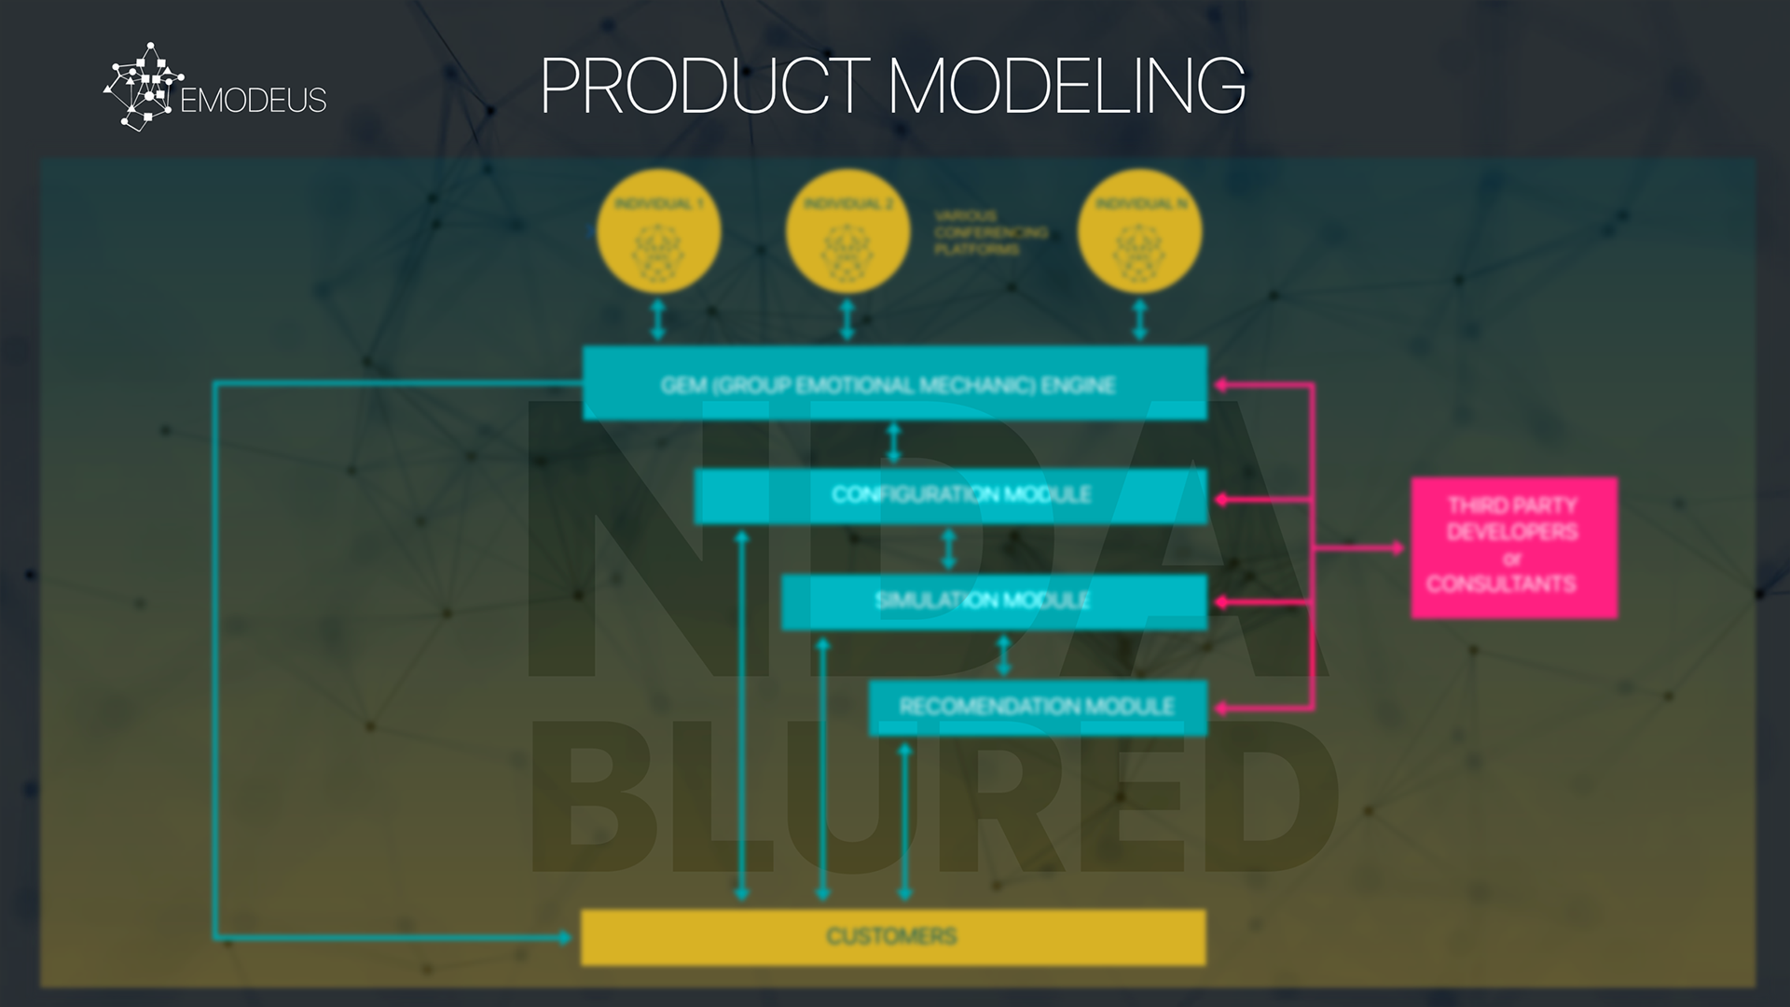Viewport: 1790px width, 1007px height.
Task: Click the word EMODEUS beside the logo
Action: coord(253,101)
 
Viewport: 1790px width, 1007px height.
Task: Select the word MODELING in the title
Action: coord(1067,86)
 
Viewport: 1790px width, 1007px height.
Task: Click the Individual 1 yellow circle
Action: coord(658,231)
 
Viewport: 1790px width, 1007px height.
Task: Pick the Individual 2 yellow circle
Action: coord(847,231)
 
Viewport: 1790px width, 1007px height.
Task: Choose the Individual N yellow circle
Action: coord(1139,231)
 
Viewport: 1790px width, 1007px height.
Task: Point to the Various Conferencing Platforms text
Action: coord(990,232)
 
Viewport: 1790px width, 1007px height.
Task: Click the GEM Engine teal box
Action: coord(894,383)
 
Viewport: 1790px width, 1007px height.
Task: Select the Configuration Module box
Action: coord(950,495)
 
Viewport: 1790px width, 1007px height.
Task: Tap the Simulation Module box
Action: coord(993,601)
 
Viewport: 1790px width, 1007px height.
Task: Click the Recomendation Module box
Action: coord(1037,707)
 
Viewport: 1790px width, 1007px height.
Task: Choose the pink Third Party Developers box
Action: coord(1513,547)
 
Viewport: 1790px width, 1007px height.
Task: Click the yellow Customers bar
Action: coord(892,936)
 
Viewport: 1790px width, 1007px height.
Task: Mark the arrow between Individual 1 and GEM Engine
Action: coord(658,320)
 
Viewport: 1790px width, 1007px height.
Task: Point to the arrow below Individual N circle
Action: coord(1139,320)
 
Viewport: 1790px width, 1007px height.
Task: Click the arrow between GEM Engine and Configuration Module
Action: coord(894,444)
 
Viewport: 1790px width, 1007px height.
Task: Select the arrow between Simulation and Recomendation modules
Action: coord(1004,655)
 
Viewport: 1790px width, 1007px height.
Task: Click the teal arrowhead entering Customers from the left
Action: coord(565,936)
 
